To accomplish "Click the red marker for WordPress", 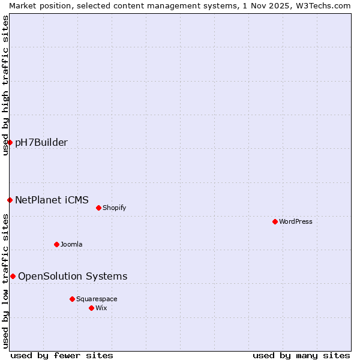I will (275, 221).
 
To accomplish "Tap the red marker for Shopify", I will (98, 208).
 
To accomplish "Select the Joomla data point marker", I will (56, 244).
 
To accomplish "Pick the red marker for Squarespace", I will (72, 299).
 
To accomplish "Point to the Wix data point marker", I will (91, 308).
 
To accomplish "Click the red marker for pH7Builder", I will (10, 142).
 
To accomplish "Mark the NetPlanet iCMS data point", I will (10, 200).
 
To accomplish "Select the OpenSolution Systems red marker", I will (13, 276).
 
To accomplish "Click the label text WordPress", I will (296, 221).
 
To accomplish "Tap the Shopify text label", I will (114, 208).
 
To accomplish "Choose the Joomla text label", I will (71, 244).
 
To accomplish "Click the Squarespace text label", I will (97, 299).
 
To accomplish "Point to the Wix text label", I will (101, 308).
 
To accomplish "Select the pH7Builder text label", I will (41, 142).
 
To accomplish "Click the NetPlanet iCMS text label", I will (52, 200).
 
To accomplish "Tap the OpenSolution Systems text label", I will (73, 276).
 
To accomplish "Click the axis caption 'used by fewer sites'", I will (62, 355).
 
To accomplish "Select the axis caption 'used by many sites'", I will (301, 355).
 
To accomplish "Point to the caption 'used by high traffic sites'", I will (5, 85).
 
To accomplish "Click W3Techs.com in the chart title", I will (322, 5).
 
